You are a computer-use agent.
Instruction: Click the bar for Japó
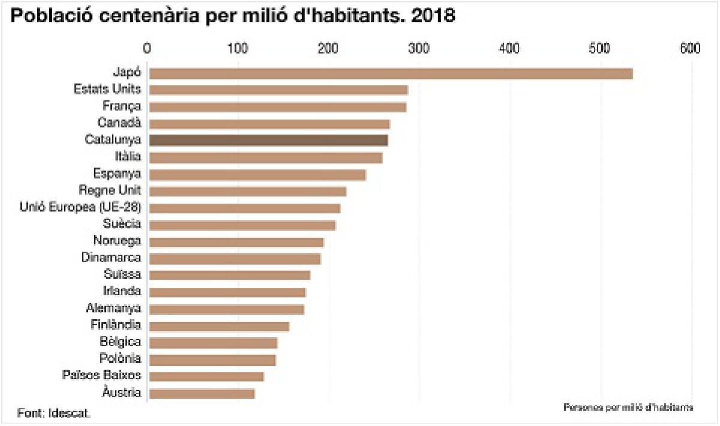coord(391,73)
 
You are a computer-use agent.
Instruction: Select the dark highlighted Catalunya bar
coord(268,140)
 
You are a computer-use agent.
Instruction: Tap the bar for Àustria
coord(202,394)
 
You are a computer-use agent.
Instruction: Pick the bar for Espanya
coord(257,175)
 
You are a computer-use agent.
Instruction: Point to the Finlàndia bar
coord(219,326)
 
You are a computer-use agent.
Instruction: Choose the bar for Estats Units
coord(278,90)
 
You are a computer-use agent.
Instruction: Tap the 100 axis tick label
coord(239,48)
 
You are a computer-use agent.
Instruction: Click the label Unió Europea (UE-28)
coord(81,207)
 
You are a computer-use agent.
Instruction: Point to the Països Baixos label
coord(102,376)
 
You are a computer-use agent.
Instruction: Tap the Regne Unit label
coord(110,190)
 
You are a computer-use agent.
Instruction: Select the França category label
coord(122,106)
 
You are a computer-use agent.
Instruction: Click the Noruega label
coord(118,241)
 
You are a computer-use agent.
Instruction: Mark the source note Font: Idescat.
coord(55,414)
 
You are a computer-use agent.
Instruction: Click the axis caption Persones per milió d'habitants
coord(628,407)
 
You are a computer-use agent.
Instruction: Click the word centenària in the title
coord(146,16)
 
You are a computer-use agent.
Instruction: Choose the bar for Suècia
coord(242,225)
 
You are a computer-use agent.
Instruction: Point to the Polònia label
coord(121,359)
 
